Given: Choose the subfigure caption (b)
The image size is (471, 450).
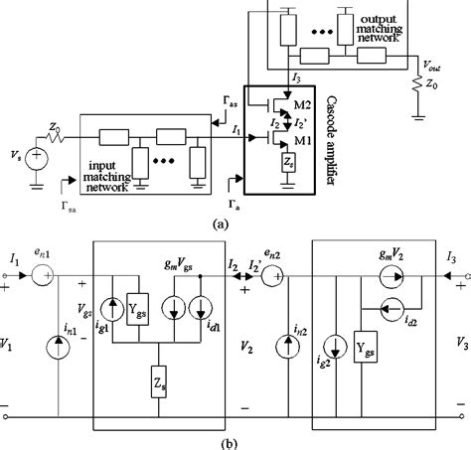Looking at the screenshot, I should pyautogui.click(x=235, y=440).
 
